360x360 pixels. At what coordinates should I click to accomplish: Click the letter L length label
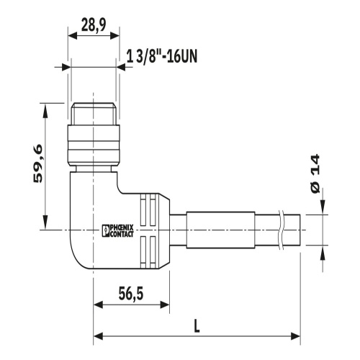click(197, 326)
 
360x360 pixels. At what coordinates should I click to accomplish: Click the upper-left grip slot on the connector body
click(143, 211)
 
